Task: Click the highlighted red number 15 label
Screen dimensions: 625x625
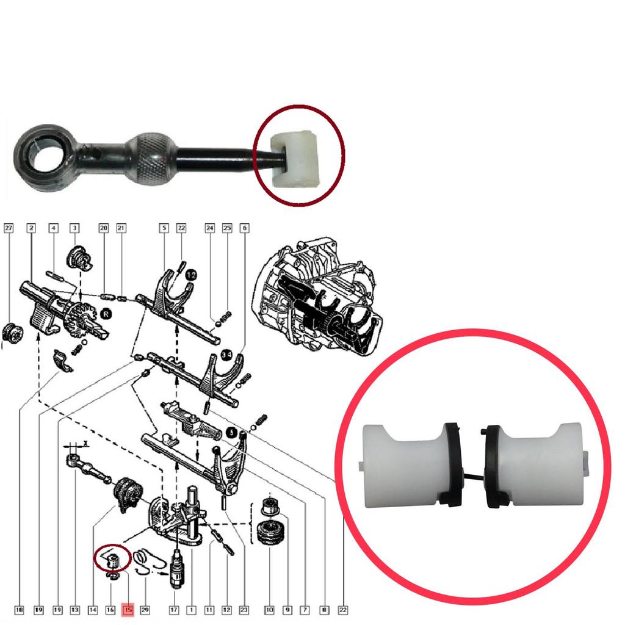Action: (128, 609)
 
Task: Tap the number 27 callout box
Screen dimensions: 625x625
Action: (9, 228)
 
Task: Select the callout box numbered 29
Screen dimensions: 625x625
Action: (145, 609)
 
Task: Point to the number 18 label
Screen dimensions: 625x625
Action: (20, 609)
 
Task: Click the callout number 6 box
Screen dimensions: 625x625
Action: (245, 228)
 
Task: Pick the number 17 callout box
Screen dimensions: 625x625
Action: (174, 609)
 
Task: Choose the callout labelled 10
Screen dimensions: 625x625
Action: (269, 609)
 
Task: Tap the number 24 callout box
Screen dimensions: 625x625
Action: (210, 228)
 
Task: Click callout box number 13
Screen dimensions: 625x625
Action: (74, 609)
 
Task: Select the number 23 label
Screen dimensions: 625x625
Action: (245, 609)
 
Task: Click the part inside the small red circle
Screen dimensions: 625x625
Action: (112, 558)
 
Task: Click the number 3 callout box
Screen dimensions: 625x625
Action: (74, 228)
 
